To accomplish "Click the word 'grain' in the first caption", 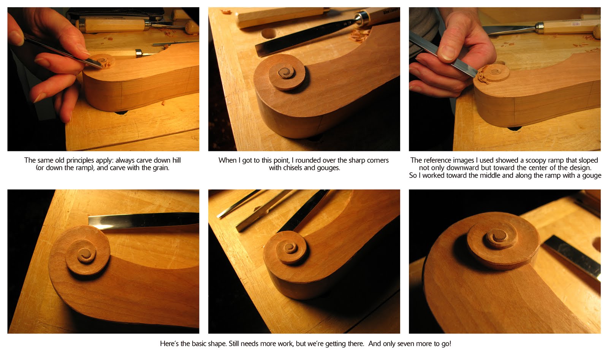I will click(160, 168).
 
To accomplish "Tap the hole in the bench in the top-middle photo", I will click(269, 33).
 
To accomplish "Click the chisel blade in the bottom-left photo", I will click(144, 219).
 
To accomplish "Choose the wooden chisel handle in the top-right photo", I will click(566, 27).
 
